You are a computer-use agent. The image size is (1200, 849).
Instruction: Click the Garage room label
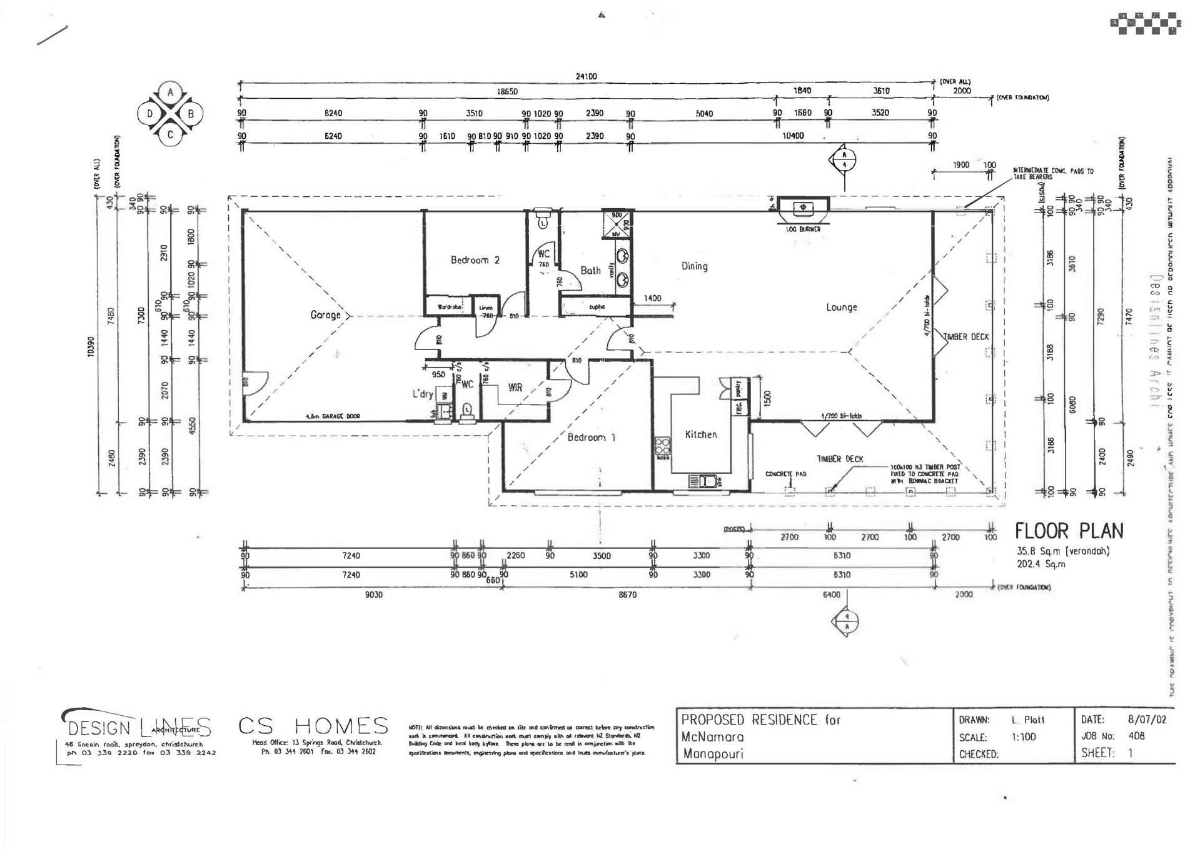click(325, 314)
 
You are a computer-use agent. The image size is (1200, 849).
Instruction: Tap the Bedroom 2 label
click(475, 260)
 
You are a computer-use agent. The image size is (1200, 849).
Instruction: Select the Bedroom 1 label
click(591, 437)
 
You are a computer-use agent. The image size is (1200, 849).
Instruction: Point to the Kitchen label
click(700, 435)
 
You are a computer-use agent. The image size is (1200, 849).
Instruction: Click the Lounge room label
click(841, 307)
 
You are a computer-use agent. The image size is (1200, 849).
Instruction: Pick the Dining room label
click(694, 266)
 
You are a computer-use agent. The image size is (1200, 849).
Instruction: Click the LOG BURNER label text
click(803, 229)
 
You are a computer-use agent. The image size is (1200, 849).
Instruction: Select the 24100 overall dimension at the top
click(586, 76)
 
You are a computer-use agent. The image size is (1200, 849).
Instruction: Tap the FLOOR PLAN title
click(1069, 531)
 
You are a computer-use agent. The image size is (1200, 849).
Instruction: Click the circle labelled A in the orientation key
click(170, 93)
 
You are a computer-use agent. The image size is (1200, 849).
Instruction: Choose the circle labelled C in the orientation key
click(170, 134)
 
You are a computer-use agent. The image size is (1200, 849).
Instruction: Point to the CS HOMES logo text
click(313, 726)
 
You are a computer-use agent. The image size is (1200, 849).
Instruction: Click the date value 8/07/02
click(1147, 720)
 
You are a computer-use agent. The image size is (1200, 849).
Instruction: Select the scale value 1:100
click(1024, 737)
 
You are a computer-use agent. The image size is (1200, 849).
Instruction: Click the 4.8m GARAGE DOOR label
click(333, 416)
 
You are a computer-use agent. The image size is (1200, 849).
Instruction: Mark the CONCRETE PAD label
click(785, 474)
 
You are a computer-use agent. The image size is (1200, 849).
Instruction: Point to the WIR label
click(515, 388)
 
